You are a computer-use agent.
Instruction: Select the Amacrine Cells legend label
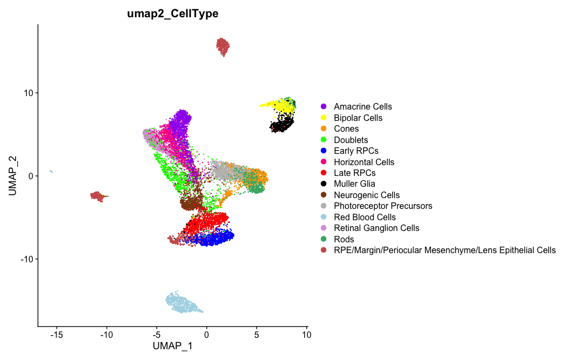tap(362, 107)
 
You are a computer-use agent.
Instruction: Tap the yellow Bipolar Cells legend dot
tap(324, 118)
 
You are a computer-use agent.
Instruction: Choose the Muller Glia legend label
tap(354, 184)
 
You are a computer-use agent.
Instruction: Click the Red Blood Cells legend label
tap(365, 217)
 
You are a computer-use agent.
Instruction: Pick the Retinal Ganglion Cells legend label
tap(376, 228)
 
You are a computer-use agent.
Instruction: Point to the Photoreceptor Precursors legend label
tap(383, 206)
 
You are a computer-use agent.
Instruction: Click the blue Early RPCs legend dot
tap(324, 151)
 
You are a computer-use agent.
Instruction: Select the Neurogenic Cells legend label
tap(367, 195)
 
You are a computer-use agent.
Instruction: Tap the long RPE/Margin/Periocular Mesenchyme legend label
tap(445, 250)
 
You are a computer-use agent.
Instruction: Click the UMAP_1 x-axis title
tap(172, 346)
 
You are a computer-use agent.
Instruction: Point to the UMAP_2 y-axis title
tap(13, 176)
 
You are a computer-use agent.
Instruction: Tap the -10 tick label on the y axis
tap(25, 259)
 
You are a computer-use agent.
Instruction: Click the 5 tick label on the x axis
tap(257, 335)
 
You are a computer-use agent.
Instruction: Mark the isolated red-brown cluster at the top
tap(223, 47)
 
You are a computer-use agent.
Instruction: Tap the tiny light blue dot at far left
tap(51, 171)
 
